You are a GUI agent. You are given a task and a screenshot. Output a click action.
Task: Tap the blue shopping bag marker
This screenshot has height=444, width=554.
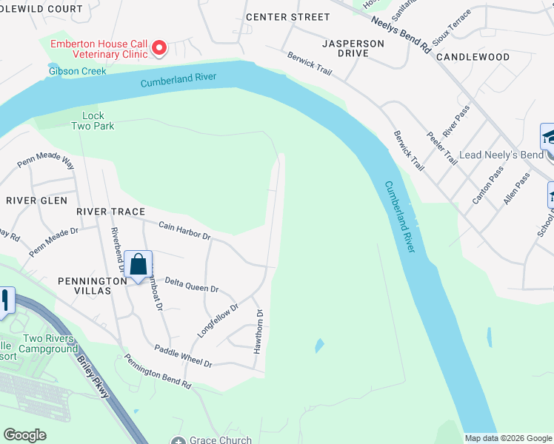pos(138,265)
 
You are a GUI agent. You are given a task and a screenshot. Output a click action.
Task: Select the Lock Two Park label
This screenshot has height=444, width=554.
pos(93,121)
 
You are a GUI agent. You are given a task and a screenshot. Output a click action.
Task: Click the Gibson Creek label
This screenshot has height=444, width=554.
pos(77,71)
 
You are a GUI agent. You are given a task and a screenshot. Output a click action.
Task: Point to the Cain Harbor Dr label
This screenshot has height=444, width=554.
pos(184,231)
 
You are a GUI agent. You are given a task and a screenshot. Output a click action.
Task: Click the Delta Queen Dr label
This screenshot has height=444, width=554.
pos(191,285)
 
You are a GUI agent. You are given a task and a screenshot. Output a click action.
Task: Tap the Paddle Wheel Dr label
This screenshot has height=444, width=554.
pos(183,356)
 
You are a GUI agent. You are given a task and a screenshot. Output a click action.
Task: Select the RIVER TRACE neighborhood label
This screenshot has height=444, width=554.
pos(111,212)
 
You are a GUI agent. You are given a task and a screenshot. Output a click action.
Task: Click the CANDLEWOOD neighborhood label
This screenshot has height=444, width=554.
pos(473,57)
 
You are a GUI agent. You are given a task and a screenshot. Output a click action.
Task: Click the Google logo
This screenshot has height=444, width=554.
pos(24,435)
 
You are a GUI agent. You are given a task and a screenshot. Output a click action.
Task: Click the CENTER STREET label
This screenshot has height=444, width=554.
pos(287,16)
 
